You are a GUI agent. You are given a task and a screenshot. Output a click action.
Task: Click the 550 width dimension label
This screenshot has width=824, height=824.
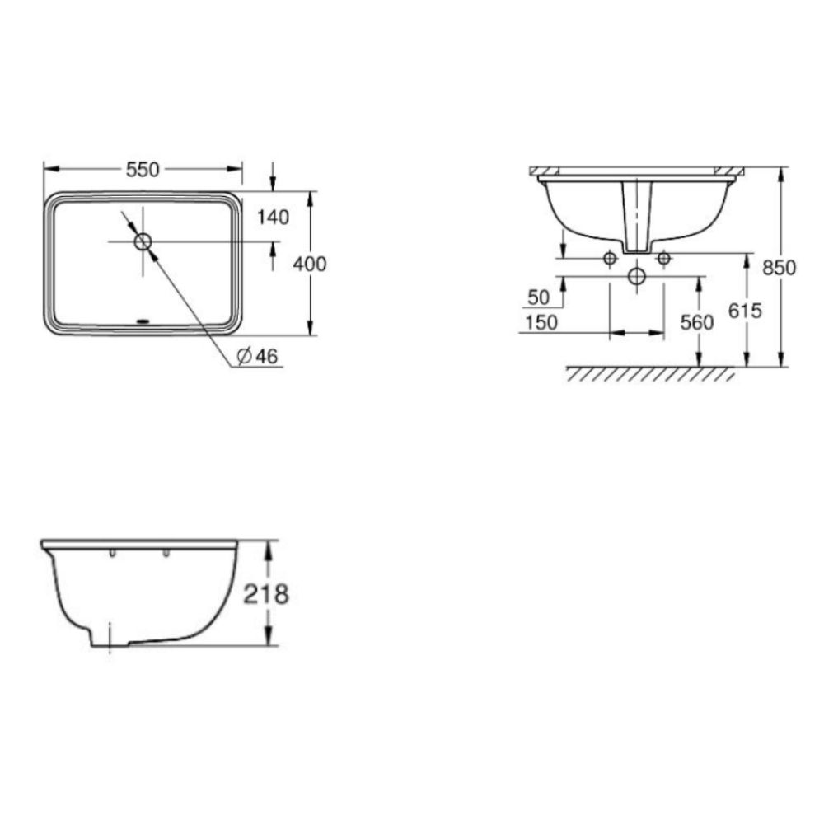coord(142,169)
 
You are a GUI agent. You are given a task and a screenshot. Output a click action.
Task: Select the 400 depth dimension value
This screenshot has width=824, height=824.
coord(311,264)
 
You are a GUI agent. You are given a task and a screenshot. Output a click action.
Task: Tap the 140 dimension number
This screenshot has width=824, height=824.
coord(273,218)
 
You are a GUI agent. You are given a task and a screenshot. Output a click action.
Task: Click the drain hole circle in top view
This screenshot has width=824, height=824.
coord(143,241)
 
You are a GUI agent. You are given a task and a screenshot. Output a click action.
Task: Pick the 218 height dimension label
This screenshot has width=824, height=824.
coord(266,593)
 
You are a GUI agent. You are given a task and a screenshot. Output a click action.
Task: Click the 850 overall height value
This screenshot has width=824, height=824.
coord(780,267)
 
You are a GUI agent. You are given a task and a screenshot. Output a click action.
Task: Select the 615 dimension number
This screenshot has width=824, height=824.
coord(746,310)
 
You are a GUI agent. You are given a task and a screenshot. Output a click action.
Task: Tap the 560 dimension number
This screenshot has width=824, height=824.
coord(698,322)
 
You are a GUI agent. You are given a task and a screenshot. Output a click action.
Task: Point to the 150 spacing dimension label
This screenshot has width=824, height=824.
coord(541,322)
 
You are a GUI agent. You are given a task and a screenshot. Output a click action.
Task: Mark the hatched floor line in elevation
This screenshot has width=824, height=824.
coord(649,374)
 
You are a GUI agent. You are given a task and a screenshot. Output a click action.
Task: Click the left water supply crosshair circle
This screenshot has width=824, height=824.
coord(610,258)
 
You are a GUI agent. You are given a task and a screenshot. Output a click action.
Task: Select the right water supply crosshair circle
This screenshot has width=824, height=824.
coord(663,258)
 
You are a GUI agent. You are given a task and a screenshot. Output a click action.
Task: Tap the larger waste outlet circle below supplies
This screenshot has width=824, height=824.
coord(636,276)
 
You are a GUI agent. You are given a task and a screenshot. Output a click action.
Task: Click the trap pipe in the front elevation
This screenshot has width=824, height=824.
coord(637,216)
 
